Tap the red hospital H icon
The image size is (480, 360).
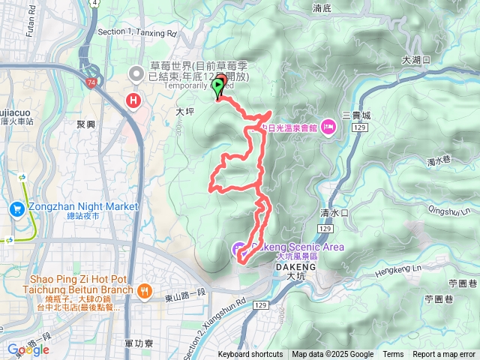pyautogui.click(x=135, y=100)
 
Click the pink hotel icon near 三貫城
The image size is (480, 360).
pyautogui.click(x=328, y=128)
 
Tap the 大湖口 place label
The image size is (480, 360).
pyautogui.click(x=415, y=59)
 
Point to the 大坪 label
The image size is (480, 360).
pyautogui.click(x=184, y=111)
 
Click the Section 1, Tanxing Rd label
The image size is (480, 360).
pyautogui.click(x=138, y=33)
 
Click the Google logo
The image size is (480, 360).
pyautogui.click(x=28, y=349)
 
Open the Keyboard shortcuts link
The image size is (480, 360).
pyautogui.click(x=250, y=355)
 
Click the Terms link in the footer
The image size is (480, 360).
pyautogui.click(x=393, y=355)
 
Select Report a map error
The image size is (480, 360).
pyautogui.click(x=445, y=355)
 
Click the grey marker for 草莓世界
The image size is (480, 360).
pyautogui.click(x=136, y=73)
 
